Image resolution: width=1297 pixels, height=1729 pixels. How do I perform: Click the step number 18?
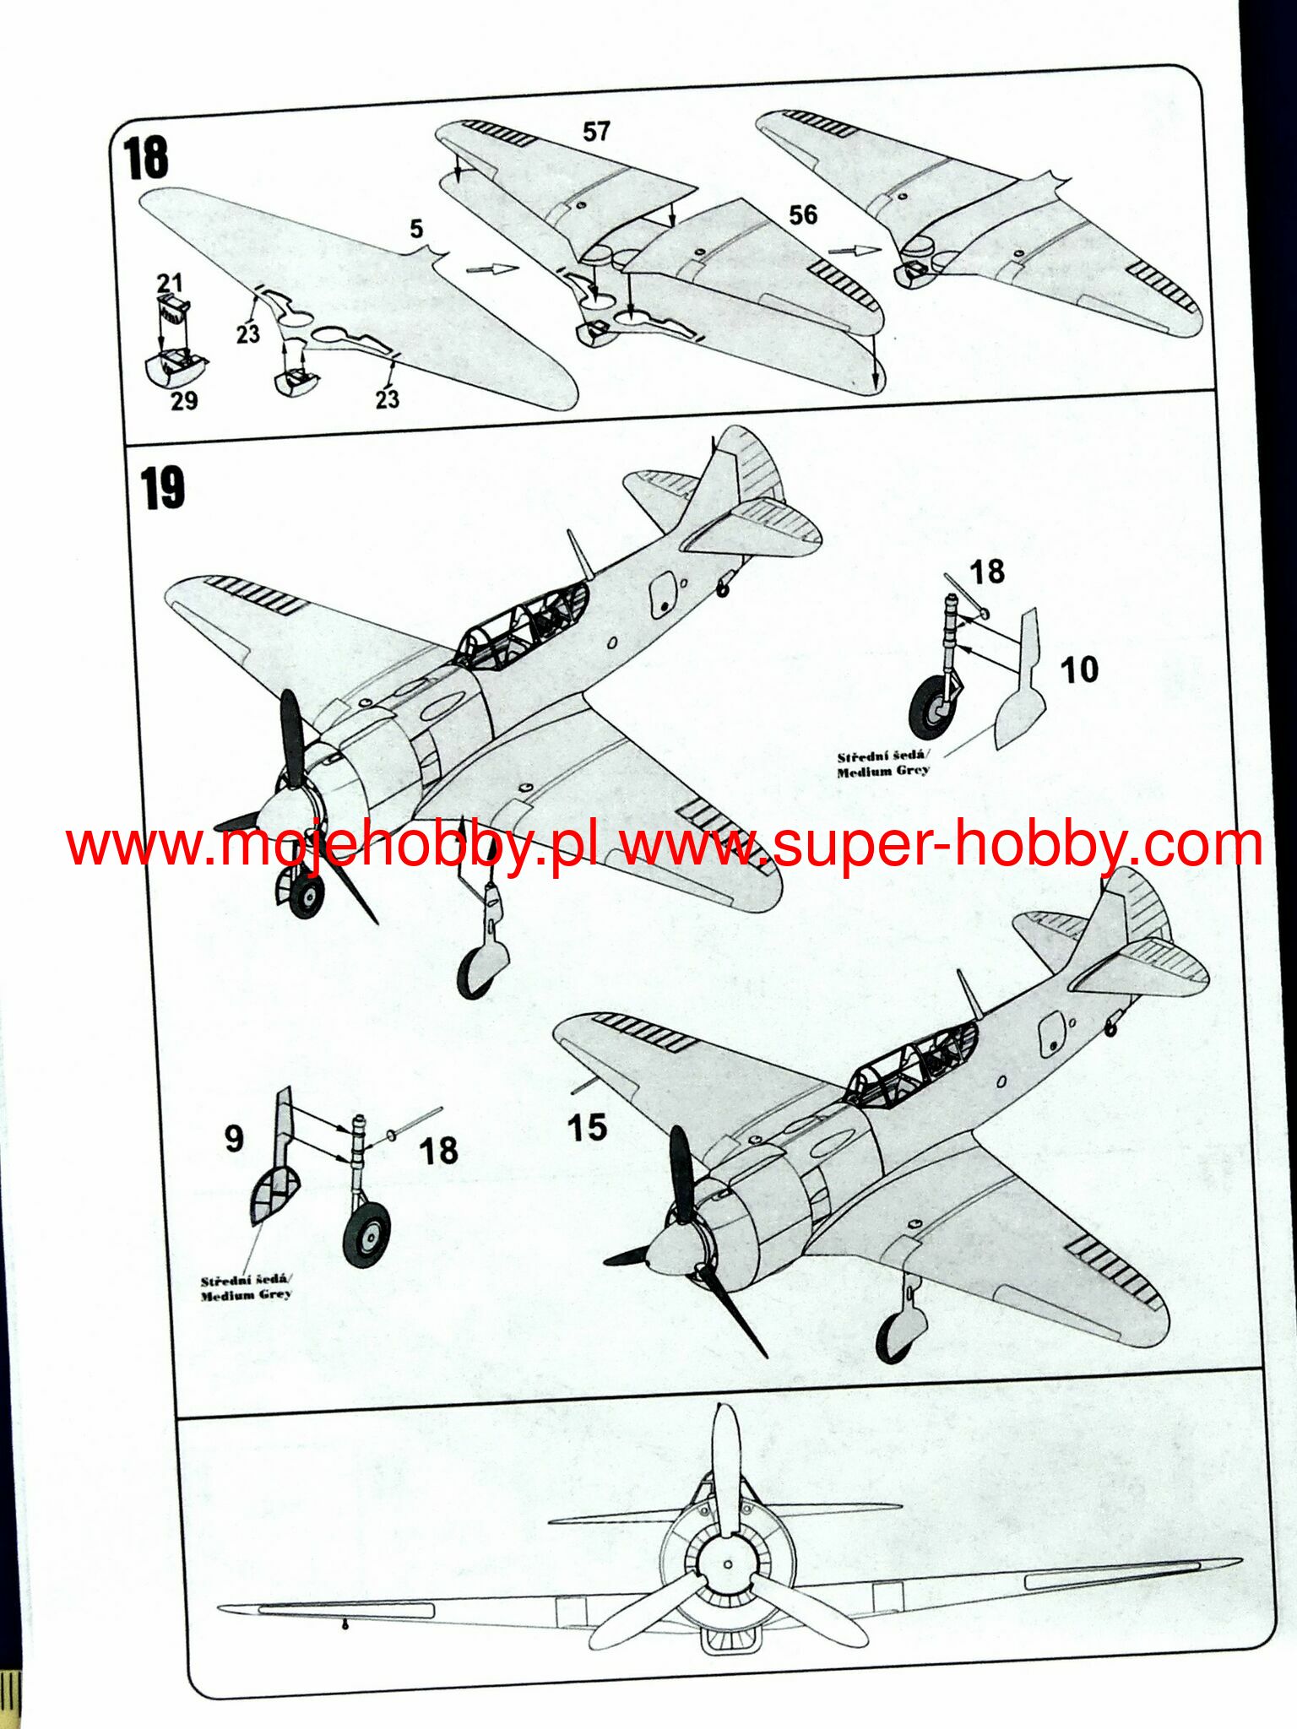coord(145,158)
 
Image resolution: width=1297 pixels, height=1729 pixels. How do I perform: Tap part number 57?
coord(596,132)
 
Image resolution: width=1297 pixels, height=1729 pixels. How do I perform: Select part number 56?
coord(803,214)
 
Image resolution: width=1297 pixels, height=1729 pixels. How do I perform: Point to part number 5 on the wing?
coord(415,229)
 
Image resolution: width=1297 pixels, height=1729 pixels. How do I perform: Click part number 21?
coord(169,283)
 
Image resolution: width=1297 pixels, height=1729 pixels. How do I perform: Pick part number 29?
coord(184,400)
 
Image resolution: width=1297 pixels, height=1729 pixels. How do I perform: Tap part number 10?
coord(1078,670)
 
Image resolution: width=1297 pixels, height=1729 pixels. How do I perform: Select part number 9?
coord(234,1138)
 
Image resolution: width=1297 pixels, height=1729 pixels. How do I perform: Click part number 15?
coord(586,1128)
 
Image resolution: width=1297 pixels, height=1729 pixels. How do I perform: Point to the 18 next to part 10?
coord(986,572)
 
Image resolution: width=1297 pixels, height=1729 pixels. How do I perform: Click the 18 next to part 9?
coord(438,1151)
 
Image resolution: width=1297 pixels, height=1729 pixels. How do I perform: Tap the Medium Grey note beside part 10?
coord(882,764)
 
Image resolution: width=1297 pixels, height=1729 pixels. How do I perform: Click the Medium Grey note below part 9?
coord(246,1288)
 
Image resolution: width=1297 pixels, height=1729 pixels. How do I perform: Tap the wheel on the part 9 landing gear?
coord(366,1233)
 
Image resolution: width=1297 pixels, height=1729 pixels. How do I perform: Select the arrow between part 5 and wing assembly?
coord(491,269)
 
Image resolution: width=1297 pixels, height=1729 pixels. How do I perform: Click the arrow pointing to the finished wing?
coord(855,250)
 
